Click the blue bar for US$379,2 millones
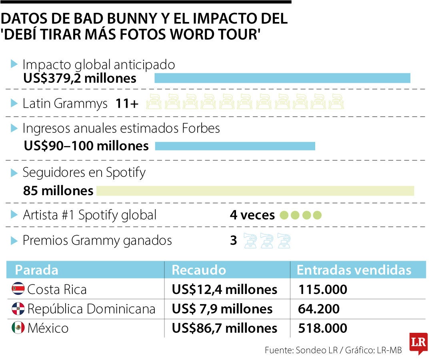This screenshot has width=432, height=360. coord(282,78)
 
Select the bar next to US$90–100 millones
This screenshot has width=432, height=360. coord(235,146)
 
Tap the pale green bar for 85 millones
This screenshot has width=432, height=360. coord(255,191)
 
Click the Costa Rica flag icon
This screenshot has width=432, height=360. coord(18,289)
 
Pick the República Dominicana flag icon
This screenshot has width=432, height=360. coord(18,309)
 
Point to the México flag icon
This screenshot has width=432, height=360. coord(18,328)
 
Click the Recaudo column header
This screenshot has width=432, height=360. coord(199,270)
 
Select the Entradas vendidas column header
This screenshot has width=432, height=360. coord(354,270)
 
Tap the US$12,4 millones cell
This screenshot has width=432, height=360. coord(224,289)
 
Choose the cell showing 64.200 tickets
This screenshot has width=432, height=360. coord(319,309)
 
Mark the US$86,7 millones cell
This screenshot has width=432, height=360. coord(224,328)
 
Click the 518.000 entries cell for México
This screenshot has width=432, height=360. coord(322,328)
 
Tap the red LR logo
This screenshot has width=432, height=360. coord(418,343)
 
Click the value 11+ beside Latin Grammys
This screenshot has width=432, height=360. coord(127,104)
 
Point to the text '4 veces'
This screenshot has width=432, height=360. coord(252,215)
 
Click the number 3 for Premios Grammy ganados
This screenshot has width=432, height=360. coord(233,241)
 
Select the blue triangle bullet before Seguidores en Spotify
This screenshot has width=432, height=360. coord(14,173)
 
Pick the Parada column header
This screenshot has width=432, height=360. coord(36,270)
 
